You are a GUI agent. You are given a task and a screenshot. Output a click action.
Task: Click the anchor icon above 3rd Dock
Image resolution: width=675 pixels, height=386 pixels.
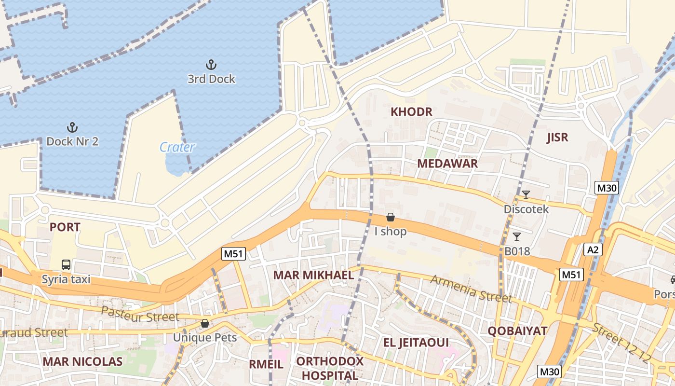click(211, 65)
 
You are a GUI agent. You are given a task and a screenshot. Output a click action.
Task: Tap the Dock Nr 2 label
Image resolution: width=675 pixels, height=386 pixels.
click(72, 141)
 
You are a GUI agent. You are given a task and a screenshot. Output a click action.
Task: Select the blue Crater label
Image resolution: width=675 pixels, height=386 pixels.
click(177, 147)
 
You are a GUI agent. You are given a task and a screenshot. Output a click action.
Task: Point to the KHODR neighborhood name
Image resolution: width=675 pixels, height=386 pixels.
click(411, 112)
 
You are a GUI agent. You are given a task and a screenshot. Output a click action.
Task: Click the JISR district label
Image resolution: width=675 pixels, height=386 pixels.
click(557, 138)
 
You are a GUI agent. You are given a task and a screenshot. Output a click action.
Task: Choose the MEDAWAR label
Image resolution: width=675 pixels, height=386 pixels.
click(447, 164)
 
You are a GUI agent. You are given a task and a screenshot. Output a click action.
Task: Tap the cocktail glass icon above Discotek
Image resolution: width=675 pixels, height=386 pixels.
click(526, 195)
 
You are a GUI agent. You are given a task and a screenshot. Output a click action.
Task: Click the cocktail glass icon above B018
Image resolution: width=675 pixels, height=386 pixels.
click(517, 236)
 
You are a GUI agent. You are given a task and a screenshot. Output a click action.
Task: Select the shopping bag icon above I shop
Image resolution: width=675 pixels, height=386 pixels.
click(391, 217)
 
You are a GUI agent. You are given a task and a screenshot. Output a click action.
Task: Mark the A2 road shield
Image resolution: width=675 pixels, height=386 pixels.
click(593, 249)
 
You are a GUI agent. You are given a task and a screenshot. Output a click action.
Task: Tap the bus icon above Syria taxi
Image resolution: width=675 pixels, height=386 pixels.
click(66, 265)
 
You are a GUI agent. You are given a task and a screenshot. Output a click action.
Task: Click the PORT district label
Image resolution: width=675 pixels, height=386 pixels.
click(65, 227)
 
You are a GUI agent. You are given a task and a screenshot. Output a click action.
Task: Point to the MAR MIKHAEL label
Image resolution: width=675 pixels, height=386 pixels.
click(313, 275)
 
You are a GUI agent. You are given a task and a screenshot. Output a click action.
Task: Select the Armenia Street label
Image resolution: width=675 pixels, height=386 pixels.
click(471, 289)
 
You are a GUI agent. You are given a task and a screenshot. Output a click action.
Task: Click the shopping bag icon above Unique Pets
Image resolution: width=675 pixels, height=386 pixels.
click(205, 323)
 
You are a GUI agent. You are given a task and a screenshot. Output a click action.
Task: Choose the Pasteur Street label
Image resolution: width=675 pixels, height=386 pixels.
click(140, 314)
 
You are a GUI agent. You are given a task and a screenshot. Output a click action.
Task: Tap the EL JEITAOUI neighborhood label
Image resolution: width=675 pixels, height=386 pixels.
click(416, 343)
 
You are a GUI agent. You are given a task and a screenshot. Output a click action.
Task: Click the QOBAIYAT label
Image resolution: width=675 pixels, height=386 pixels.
click(517, 331)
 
